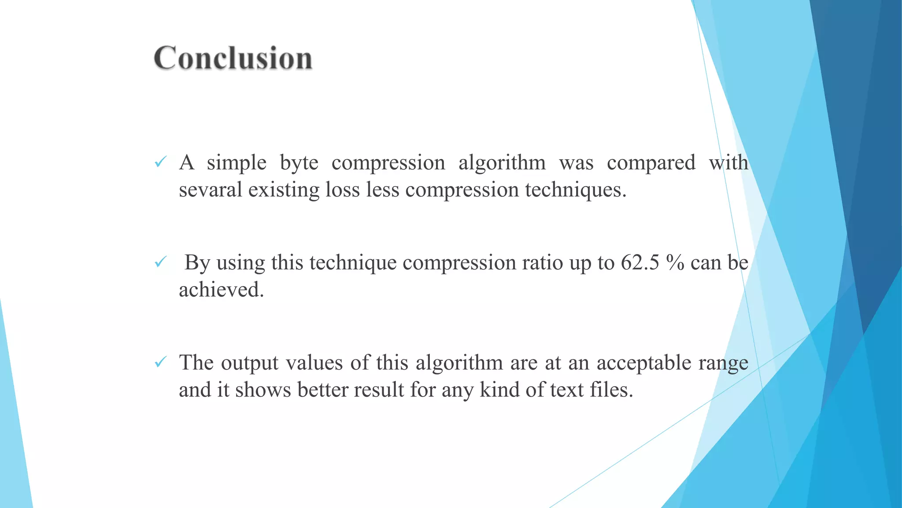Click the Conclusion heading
click(x=233, y=58)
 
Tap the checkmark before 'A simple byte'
click(x=160, y=162)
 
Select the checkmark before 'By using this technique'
click(x=160, y=262)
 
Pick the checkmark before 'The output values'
click(x=160, y=362)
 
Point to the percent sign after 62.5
click(x=675, y=262)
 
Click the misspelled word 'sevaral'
click(x=211, y=190)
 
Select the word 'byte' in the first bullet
click(x=299, y=163)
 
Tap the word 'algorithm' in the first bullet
click(x=502, y=163)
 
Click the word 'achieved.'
click(x=221, y=290)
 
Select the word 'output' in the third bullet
click(x=250, y=363)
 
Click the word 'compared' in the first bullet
click(x=651, y=163)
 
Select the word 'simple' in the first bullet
click(x=237, y=163)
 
